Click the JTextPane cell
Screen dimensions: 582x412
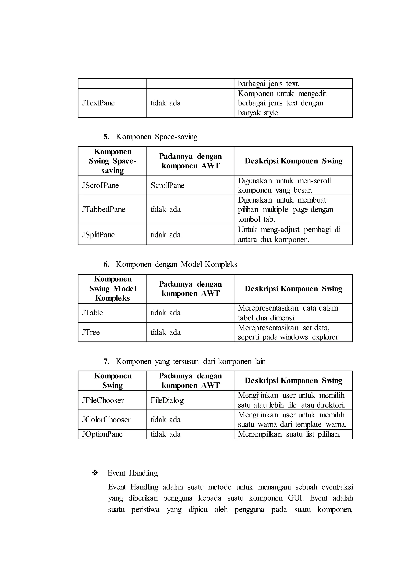[x=98, y=103]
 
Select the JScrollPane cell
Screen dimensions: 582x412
[x=100, y=185]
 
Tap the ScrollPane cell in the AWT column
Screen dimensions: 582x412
[x=167, y=185]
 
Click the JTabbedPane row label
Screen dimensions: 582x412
[x=104, y=210]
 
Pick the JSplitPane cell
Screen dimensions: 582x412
[x=98, y=235]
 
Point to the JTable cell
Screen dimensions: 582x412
[x=92, y=313]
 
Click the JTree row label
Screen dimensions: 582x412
[x=91, y=332]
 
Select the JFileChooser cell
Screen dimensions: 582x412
[x=103, y=400]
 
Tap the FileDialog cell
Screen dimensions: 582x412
[x=167, y=400]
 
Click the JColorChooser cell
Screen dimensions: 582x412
[x=106, y=420]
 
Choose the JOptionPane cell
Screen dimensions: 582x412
[x=102, y=434]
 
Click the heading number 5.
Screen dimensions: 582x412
[x=106, y=137]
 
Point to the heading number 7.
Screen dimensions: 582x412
[x=106, y=361]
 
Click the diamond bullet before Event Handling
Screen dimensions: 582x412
[x=95, y=473]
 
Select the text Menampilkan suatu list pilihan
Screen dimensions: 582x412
[x=289, y=434]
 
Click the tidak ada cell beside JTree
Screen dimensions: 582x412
[x=166, y=332]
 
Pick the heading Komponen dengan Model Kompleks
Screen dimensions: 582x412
[x=177, y=264]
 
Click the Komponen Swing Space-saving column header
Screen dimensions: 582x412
[x=113, y=161]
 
